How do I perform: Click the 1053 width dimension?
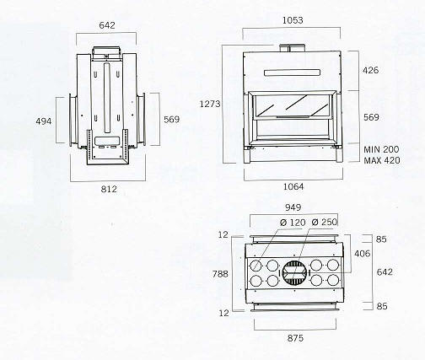293,20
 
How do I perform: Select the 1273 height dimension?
210,104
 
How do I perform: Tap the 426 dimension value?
370,70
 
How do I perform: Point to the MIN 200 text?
381,149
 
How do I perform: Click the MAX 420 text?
382,160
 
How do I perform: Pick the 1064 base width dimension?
293,186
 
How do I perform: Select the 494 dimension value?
44,121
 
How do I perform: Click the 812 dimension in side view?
109,189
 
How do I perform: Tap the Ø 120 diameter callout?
293,223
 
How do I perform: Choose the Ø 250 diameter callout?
325,222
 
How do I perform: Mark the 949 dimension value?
293,207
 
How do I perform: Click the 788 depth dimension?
220,274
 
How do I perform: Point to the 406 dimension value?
363,254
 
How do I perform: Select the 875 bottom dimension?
295,338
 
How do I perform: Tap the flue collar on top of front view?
292,48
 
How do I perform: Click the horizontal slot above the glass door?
292,73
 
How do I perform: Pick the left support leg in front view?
247,155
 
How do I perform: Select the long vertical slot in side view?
107,98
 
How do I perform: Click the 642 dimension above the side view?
107,25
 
